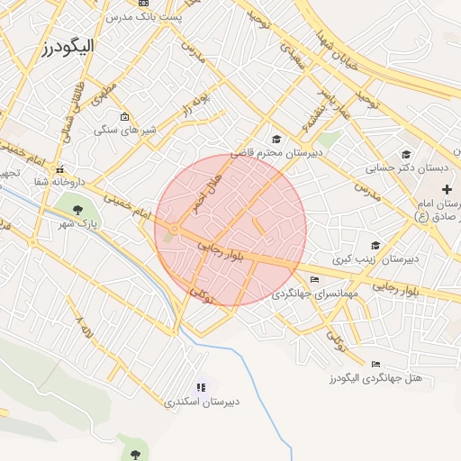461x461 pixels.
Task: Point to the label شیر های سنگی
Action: tap(126, 130)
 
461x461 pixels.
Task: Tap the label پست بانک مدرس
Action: tap(144, 17)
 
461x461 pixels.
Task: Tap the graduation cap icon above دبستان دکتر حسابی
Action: tap(406, 155)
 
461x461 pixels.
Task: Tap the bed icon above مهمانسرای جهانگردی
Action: tap(313, 280)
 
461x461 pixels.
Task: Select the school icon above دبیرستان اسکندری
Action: tap(202, 387)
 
